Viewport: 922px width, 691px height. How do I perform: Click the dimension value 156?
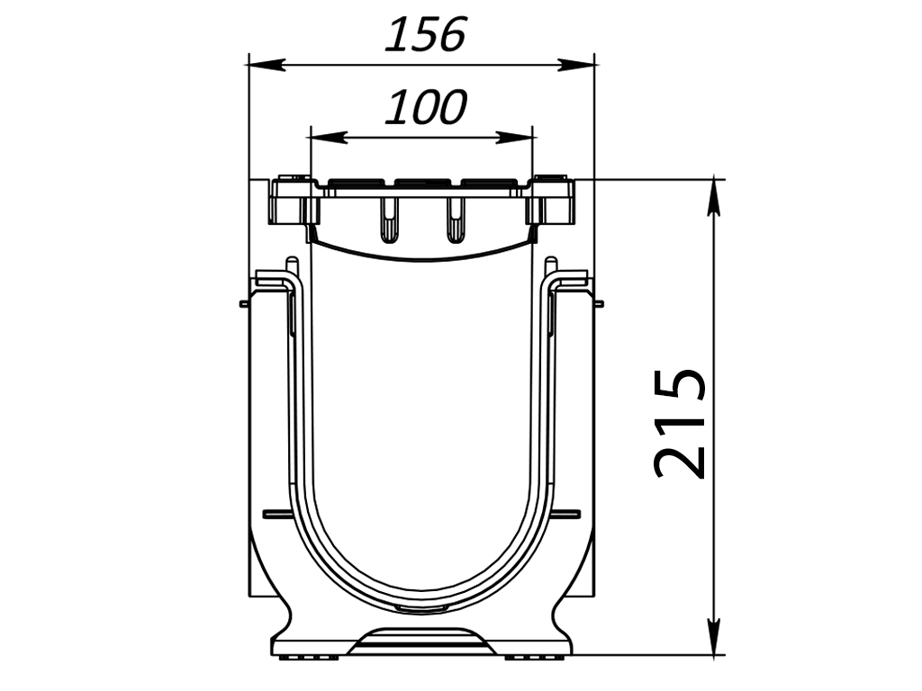click(x=425, y=36)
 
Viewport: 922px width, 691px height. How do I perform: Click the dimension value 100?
click(x=425, y=108)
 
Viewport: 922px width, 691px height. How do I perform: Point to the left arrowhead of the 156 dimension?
click(x=265, y=65)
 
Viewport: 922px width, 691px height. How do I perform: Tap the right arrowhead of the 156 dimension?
click(x=576, y=65)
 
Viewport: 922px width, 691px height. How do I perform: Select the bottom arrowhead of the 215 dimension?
click(x=714, y=635)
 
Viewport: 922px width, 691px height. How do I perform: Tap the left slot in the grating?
click(x=388, y=220)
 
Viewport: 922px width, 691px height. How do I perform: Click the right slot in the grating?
click(x=455, y=220)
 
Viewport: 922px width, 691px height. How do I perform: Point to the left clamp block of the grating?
click(x=293, y=203)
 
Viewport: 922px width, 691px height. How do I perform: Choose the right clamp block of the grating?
click(x=551, y=203)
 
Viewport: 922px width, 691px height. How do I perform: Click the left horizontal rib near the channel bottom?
click(x=276, y=515)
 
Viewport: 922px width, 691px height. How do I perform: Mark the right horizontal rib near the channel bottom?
click(x=567, y=515)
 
